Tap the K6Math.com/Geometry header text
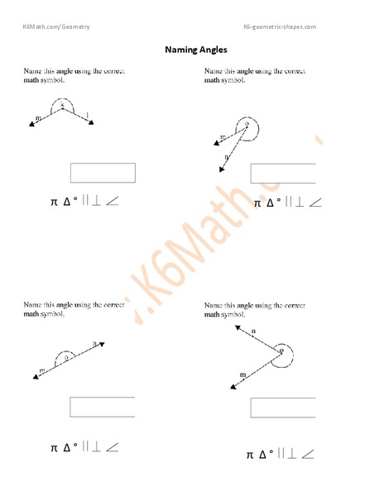click(55, 26)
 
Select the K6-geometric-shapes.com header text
click(280, 26)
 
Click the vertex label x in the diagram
click(61, 105)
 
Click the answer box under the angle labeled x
click(103, 173)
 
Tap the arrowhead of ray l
click(91, 123)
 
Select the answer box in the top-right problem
click(282, 174)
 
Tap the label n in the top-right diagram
click(226, 155)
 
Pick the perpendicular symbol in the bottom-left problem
click(94, 447)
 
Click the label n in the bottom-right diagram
click(252, 331)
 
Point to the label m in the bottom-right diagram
click(242, 375)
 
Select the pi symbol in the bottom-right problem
click(250, 455)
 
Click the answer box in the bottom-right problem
click(282, 408)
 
